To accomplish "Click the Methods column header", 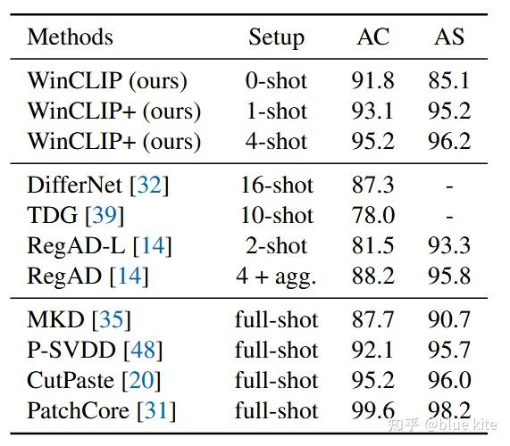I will (70, 37).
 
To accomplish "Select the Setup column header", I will (276, 37).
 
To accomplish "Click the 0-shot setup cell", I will (277, 81).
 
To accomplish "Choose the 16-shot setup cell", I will (277, 186).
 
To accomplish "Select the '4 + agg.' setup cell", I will (277, 277).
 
